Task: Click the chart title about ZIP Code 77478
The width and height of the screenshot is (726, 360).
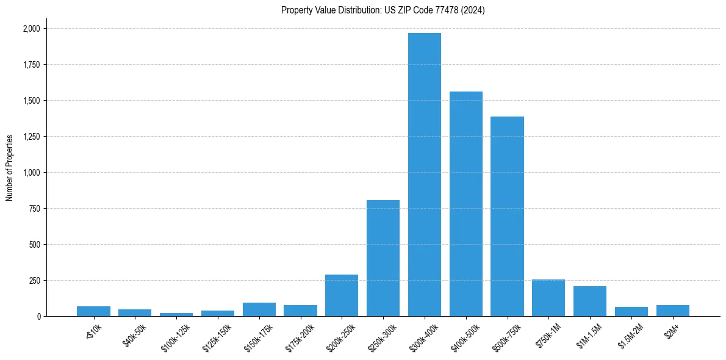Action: [383, 10]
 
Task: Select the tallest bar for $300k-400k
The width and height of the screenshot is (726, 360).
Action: [425, 175]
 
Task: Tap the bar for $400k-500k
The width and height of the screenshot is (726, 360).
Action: [466, 204]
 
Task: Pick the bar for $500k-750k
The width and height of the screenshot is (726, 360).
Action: [507, 216]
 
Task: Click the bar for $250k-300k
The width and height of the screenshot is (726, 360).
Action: [383, 258]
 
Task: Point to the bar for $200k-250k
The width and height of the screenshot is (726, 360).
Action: [342, 295]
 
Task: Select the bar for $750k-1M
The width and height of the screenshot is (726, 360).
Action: [548, 298]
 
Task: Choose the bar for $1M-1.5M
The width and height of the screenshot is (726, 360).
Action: [590, 301]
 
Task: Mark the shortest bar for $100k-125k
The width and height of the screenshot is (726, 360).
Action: [176, 314]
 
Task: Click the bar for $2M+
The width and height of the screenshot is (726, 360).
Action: [673, 311]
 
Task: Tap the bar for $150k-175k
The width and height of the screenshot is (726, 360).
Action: [259, 309]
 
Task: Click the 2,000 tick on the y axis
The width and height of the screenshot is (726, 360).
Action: [32, 29]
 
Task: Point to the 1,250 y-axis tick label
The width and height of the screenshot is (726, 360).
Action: [32, 137]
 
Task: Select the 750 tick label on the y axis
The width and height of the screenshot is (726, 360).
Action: [35, 209]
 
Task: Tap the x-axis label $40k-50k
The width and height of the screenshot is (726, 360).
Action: [135, 336]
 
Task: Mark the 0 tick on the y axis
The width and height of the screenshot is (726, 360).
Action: [38, 317]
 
